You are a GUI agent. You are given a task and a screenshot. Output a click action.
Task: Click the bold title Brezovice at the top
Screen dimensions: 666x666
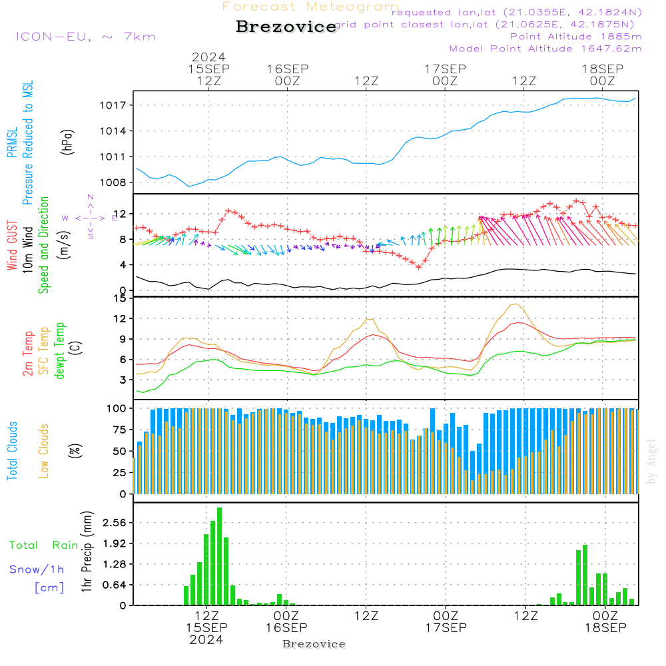point(286,27)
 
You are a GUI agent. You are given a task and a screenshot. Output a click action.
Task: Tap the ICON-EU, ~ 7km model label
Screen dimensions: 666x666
point(85,37)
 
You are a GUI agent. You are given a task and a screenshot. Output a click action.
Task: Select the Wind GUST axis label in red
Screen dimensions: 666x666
point(13,246)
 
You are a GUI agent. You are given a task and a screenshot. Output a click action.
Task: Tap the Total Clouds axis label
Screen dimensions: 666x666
point(13,451)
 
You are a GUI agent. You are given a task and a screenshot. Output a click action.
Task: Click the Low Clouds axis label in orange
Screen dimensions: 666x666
point(44,451)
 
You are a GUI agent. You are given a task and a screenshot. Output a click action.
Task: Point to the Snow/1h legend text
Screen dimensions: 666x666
point(37,569)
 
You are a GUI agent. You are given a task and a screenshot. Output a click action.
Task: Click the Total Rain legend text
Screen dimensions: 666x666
point(44,545)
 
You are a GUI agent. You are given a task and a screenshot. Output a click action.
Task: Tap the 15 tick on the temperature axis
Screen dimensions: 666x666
point(119,298)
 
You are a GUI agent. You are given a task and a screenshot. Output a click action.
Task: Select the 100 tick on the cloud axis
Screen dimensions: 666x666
point(116,408)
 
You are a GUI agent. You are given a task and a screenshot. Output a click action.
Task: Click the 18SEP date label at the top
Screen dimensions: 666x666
point(602,69)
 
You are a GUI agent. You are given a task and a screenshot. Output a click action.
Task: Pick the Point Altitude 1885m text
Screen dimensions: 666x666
point(575,36)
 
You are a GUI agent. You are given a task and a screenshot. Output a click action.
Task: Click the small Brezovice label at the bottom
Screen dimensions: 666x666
point(314,644)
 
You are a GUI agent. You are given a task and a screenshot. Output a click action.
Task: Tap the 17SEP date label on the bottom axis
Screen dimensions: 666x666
point(445,628)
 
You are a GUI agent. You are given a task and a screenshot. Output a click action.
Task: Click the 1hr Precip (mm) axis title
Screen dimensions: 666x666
point(87,553)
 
